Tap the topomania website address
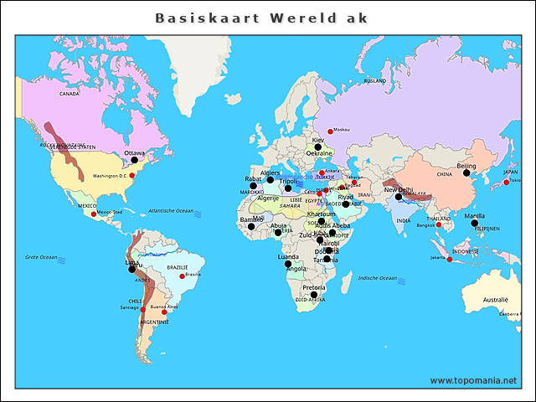(x=473, y=380)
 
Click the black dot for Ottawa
(x=134, y=161)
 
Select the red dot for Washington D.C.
(x=132, y=175)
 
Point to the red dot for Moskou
(x=330, y=131)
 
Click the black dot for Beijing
(x=466, y=173)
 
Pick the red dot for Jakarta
(x=451, y=260)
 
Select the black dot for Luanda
(x=287, y=264)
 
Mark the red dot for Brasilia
(x=182, y=276)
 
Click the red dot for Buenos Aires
(x=164, y=312)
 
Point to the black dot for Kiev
(x=317, y=147)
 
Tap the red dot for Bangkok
(x=438, y=224)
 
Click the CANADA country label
(x=69, y=94)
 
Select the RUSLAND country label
(x=374, y=80)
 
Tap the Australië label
(x=496, y=299)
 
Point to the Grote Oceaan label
(x=41, y=257)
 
